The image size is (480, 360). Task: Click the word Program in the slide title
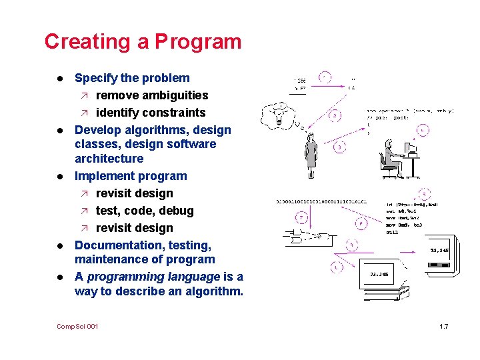coord(198,41)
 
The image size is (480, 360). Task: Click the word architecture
coord(109,159)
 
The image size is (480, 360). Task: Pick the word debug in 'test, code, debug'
coord(176,211)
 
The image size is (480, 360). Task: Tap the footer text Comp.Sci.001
coord(78,326)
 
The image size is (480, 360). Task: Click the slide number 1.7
coord(444,326)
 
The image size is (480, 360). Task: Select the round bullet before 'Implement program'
coord(61,177)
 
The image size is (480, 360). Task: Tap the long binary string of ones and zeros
coord(323,201)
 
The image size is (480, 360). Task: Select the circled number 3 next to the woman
coord(340,146)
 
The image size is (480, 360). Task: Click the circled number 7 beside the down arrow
coord(301,218)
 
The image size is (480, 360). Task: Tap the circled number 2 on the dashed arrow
coord(335,115)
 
